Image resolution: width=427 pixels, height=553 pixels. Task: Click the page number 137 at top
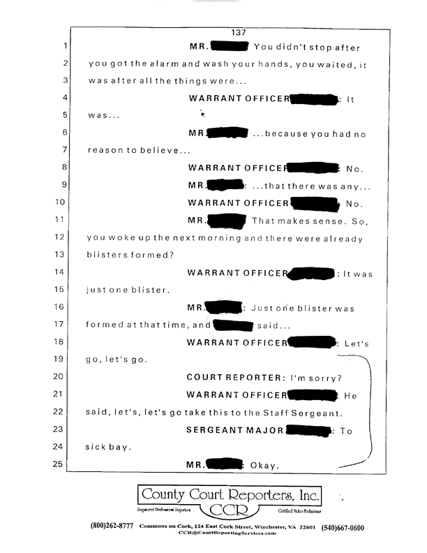pyautogui.click(x=239, y=31)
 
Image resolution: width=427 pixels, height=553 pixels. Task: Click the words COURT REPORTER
pyautogui.click(x=233, y=377)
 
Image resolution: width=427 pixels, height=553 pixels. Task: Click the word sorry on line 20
pyautogui.click(x=326, y=377)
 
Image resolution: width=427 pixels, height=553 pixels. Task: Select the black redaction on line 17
pyautogui.click(x=232, y=324)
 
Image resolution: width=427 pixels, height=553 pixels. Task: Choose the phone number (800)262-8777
pyautogui.click(x=112, y=526)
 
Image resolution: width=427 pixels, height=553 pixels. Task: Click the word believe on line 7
pyautogui.click(x=163, y=150)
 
